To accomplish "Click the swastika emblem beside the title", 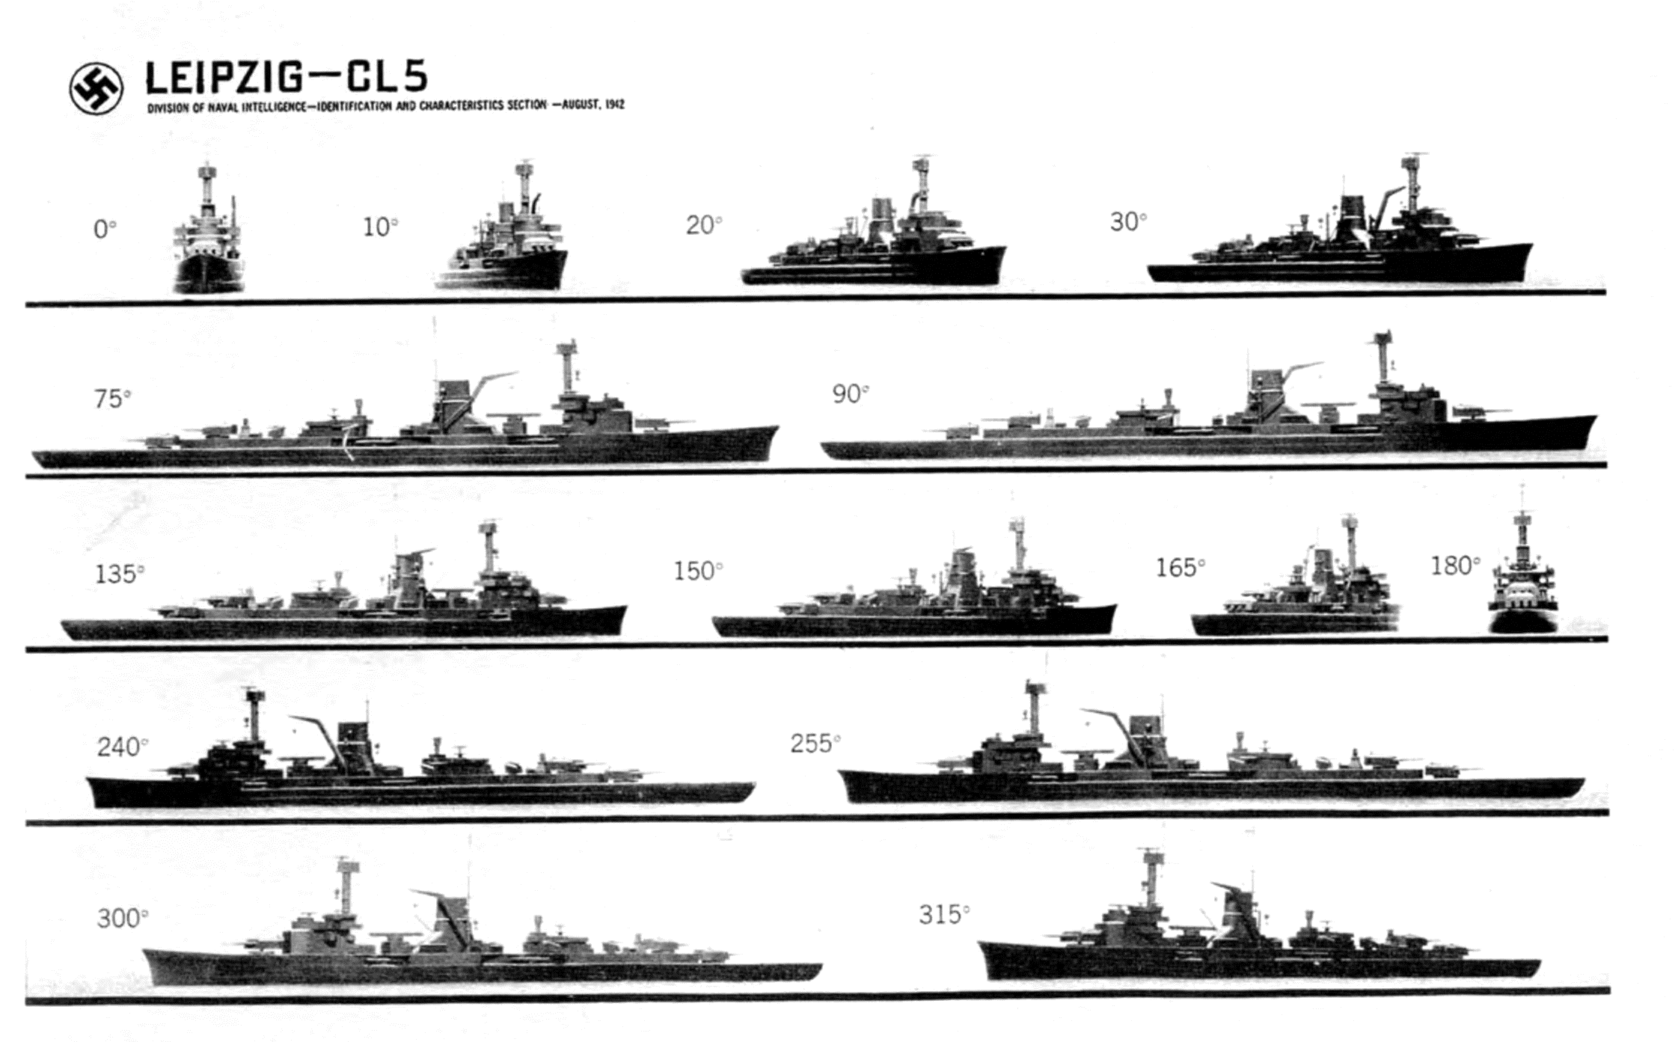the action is [x=97, y=88].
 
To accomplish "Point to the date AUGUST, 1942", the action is [x=593, y=105].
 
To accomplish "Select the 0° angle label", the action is [x=105, y=229].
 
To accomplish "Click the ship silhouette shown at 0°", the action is [x=208, y=227].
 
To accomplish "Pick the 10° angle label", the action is [x=380, y=227].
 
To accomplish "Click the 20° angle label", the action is [x=704, y=224].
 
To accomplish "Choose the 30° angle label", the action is [x=1128, y=221].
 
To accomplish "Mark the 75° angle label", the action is [x=112, y=399].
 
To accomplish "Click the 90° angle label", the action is [x=851, y=393].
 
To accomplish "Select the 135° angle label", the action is [x=120, y=574].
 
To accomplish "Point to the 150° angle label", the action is [x=698, y=571].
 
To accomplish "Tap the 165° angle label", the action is [x=1181, y=568].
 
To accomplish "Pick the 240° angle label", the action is [x=123, y=747].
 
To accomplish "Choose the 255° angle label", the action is [x=815, y=743].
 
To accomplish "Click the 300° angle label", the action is [x=123, y=918].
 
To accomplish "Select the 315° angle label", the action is [x=944, y=914].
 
